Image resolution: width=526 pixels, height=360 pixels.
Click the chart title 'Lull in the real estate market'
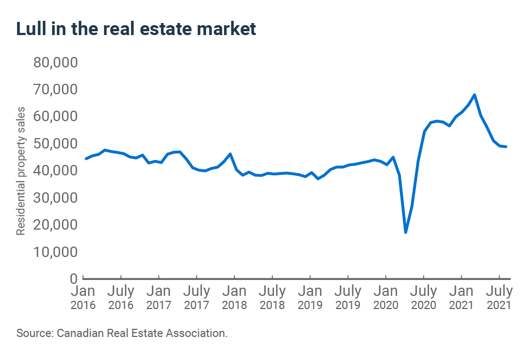136,29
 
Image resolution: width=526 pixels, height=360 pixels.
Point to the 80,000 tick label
57,62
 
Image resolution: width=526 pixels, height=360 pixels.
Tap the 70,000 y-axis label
57,89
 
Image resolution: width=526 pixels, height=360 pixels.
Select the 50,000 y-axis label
57,144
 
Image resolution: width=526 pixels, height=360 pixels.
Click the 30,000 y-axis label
57,198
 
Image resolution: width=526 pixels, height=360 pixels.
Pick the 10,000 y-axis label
57,252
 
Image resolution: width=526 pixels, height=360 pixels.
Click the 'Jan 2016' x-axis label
83,297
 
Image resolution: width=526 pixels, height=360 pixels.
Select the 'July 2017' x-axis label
196,297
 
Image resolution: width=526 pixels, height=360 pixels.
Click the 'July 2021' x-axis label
499,297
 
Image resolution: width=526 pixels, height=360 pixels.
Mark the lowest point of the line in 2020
405,232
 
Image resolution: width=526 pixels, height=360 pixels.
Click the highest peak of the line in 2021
474,95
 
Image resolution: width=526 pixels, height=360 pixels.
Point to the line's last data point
506,147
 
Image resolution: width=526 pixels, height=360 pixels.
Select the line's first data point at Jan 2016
86,158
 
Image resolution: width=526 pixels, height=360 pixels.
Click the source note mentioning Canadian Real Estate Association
122,333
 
